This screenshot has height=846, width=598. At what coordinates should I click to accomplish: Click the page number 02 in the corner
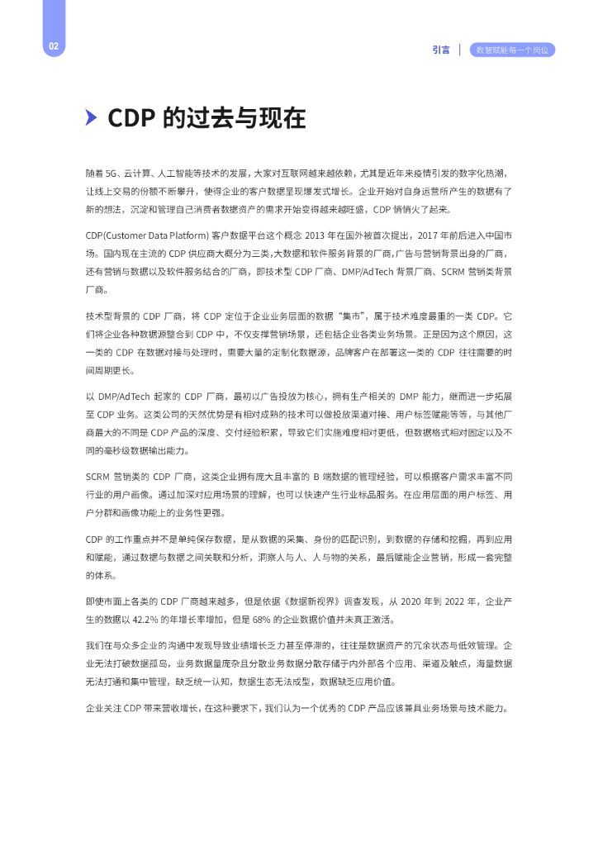pyautogui.click(x=53, y=46)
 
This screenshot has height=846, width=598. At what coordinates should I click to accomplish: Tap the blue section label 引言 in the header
pyautogui.click(x=441, y=50)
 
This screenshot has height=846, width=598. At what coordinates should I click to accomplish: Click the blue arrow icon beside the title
pyautogui.click(x=92, y=118)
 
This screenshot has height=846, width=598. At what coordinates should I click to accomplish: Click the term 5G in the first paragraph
pyautogui.click(x=112, y=173)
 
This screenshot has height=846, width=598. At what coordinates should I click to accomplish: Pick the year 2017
pyautogui.click(x=425, y=235)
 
